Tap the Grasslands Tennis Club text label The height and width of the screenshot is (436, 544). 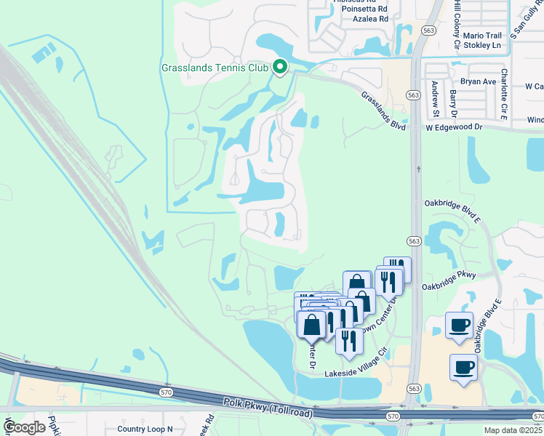[x=215, y=69]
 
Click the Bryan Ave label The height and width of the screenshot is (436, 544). [x=478, y=81]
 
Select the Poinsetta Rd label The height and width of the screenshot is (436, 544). [x=363, y=9]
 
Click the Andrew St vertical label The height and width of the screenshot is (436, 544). [x=434, y=98]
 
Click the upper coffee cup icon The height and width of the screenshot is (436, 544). [x=459, y=326]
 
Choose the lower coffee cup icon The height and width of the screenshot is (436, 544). [x=463, y=366]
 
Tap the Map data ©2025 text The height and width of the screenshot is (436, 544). [x=511, y=430]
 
